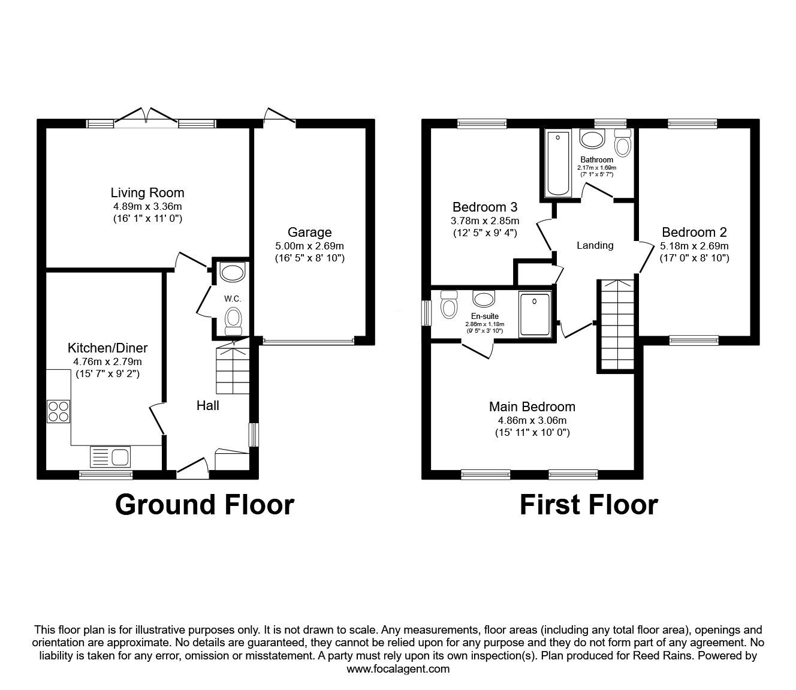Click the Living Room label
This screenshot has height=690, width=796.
coord(147,192)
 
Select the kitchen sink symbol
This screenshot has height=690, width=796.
coord(110,457)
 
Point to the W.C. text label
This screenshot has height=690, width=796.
coord(232,298)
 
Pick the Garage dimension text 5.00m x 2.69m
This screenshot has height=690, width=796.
coord(309,246)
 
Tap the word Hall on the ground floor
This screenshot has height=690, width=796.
coord(208,406)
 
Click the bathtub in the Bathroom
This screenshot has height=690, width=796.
coord(558,164)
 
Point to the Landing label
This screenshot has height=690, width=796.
coord(595,245)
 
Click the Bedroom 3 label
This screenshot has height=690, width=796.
coord(485,207)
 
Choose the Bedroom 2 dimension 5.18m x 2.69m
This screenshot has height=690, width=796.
coord(694,246)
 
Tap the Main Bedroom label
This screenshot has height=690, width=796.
coord(532,406)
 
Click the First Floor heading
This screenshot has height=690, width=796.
coord(588,504)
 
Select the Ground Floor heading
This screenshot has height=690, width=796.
coord(204,504)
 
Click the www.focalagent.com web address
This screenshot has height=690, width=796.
coord(398,668)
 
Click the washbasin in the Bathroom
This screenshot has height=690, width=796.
coord(594,140)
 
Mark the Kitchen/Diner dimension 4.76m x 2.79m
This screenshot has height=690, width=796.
coord(107,361)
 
